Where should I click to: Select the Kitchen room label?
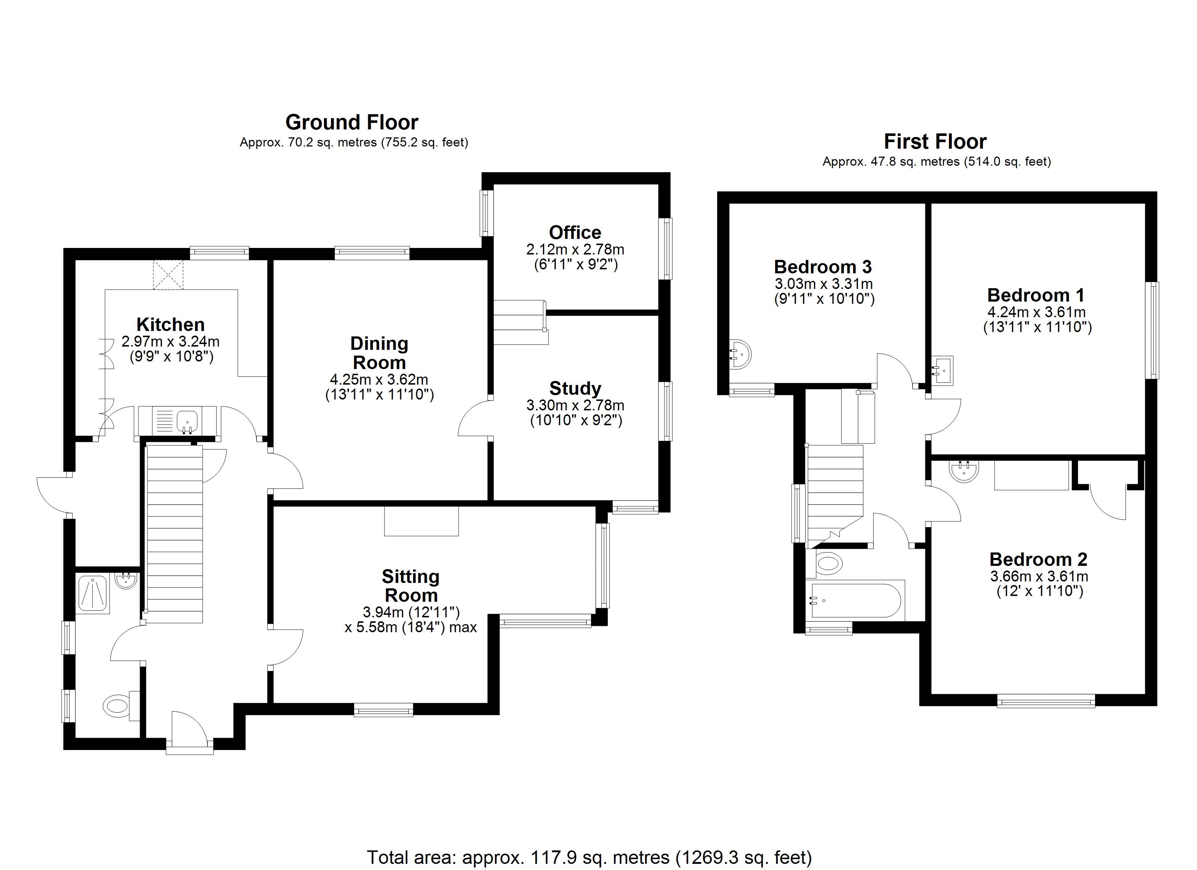[x=170, y=324]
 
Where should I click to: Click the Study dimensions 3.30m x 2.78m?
[x=575, y=405]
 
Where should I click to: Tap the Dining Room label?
[x=379, y=353]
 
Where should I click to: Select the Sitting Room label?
[x=411, y=586]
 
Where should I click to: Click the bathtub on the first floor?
[x=856, y=600]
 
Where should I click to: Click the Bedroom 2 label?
[x=1038, y=559]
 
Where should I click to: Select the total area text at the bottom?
[x=589, y=857]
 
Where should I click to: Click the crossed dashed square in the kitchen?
[x=168, y=274]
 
